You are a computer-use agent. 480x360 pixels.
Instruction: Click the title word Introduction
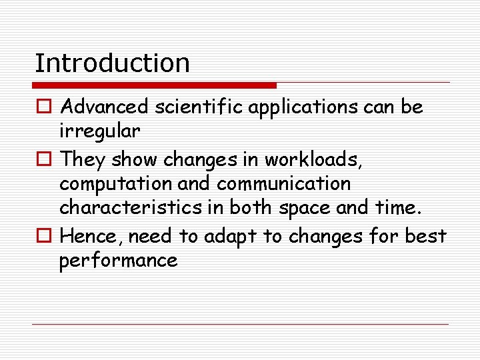[112, 63]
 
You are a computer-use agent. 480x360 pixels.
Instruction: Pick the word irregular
[99, 131]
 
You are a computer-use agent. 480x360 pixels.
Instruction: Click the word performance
[118, 261]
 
